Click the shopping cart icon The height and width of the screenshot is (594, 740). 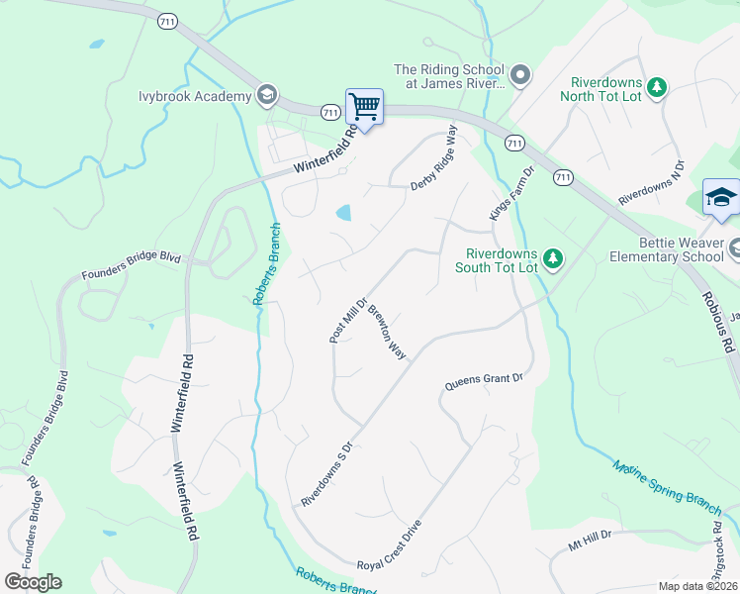[x=364, y=105]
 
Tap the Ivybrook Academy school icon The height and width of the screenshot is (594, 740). [x=265, y=95]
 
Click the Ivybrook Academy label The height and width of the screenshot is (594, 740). [x=195, y=96]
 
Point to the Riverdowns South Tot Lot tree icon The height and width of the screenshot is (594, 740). [x=554, y=259]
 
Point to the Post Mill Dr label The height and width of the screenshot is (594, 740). [x=348, y=320]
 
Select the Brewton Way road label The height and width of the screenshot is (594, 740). [x=387, y=331]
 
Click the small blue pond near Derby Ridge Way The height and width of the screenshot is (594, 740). [x=343, y=212]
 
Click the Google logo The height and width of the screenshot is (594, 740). [x=33, y=582]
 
